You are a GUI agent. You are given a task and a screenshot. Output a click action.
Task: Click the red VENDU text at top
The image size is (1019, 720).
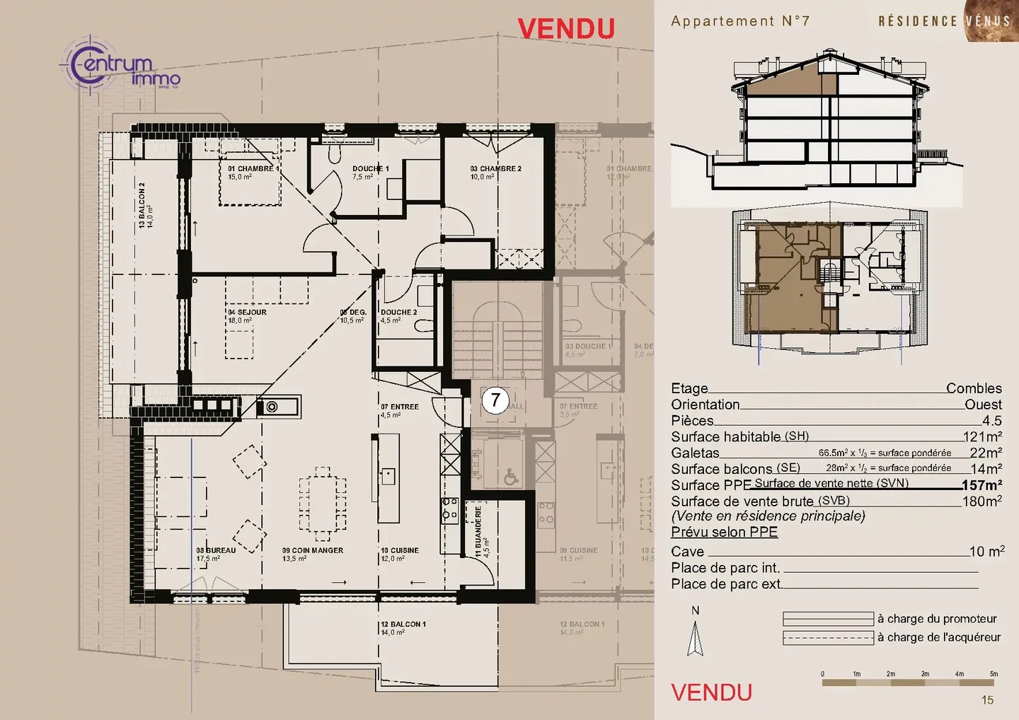pos(566,29)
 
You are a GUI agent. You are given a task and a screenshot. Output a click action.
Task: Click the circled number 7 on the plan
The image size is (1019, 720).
pos(495,400)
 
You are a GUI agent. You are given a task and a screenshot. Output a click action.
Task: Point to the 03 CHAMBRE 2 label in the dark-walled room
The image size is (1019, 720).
pos(495,169)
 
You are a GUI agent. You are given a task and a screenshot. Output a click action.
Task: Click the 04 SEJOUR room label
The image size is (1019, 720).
pos(247,312)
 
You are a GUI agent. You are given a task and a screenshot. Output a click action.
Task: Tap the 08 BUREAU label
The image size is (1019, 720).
pos(216,550)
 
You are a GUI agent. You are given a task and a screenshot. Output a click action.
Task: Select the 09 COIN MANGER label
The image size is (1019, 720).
pos(312,550)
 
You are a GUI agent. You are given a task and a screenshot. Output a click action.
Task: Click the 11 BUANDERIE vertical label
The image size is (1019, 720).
pos(478,530)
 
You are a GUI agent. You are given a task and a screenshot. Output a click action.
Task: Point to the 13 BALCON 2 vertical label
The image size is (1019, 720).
pos(142,205)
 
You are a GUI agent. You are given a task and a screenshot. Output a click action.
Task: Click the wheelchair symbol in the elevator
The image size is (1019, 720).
pos(511,478)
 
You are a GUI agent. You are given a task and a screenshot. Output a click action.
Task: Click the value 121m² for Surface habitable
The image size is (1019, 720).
pos(982,437)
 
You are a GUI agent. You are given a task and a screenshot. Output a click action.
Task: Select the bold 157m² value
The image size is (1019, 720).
pos(981,485)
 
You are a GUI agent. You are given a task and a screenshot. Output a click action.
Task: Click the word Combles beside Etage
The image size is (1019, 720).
pos(974,388)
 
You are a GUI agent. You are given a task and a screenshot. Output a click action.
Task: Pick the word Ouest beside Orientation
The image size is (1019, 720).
pos(983,405)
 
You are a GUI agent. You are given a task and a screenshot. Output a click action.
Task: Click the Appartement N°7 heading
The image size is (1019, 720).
pos(739,21)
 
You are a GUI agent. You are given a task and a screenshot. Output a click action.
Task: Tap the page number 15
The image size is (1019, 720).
pos(987,700)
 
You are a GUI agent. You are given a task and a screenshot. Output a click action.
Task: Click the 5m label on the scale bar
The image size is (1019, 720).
pos(994,674)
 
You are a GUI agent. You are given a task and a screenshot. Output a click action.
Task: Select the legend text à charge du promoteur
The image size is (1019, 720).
pos(937,619)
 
